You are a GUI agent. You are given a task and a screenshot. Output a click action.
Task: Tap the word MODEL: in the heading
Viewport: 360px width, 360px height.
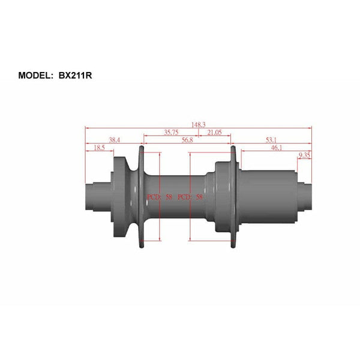(39, 76)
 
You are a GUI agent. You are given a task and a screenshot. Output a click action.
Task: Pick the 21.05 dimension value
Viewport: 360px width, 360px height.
(214, 133)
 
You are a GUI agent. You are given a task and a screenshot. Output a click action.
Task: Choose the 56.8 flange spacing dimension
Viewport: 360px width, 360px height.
(187, 140)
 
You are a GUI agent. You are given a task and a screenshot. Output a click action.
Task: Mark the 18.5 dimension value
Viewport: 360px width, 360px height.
(99, 147)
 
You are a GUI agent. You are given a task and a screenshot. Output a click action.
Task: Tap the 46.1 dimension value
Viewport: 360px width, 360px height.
(277, 147)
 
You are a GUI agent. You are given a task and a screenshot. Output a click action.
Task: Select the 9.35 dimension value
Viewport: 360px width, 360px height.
(305, 155)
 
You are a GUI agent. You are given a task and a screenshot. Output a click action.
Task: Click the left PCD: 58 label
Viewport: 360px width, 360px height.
(160, 197)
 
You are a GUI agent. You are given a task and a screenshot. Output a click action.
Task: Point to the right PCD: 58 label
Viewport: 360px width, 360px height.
(190, 197)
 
